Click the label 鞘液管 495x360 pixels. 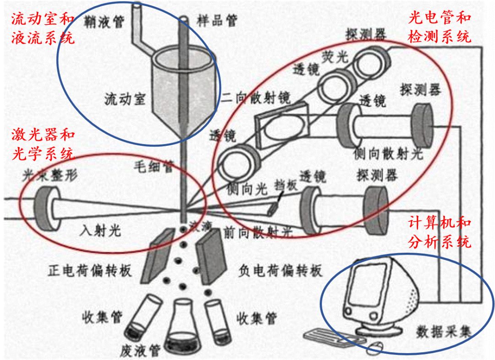104,21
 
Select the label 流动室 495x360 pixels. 124,100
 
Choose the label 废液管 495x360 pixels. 140,351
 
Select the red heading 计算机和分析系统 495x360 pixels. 439,233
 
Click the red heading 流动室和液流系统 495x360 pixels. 42,28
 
